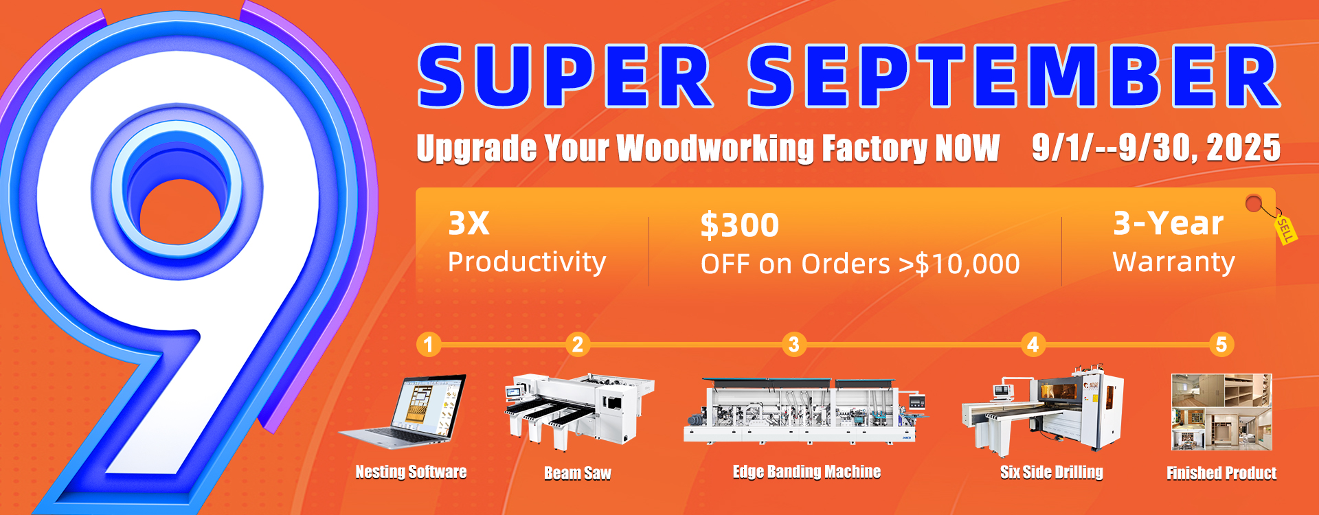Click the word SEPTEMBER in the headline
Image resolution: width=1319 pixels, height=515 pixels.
[x=1015, y=76]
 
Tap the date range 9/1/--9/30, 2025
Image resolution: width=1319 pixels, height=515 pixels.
[x=1156, y=148]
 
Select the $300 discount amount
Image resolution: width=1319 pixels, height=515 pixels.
[x=740, y=225]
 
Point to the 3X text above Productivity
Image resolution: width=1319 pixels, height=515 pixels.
[x=469, y=223]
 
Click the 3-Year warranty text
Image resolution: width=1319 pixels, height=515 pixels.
[x=1168, y=223]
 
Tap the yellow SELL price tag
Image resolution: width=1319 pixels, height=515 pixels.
[x=1285, y=229]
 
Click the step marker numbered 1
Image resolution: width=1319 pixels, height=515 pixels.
[x=429, y=344]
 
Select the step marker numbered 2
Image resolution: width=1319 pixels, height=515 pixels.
[x=578, y=344]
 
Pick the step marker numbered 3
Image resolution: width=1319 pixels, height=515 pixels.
[x=794, y=344]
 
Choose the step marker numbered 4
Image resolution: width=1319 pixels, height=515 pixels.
[x=1033, y=344]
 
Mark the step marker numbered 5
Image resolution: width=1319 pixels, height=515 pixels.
[x=1221, y=344]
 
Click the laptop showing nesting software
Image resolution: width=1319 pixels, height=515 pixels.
[x=405, y=411]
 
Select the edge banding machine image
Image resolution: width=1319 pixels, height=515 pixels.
[x=807, y=411]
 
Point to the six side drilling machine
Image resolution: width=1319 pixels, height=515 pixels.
[x=1043, y=411]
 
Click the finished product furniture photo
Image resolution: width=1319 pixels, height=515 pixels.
[x=1221, y=412]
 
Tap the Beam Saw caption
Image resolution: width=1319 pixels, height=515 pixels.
[x=578, y=473]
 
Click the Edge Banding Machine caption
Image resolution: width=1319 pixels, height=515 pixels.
[x=807, y=472]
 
